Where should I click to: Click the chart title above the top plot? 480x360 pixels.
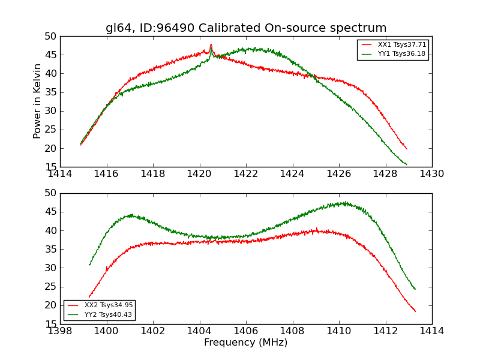[x=246, y=28]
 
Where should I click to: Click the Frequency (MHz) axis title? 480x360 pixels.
[x=245, y=343]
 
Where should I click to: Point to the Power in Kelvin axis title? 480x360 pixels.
[x=38, y=101]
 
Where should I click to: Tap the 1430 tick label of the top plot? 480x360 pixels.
[x=432, y=174]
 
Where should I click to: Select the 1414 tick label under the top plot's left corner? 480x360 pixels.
[x=61, y=174]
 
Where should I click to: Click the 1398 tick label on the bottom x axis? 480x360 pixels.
[x=61, y=331]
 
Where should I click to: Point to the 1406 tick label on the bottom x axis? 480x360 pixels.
[x=246, y=331]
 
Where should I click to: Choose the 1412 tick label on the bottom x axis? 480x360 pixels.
[x=385, y=331]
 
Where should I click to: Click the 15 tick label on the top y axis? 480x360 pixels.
[x=50, y=167]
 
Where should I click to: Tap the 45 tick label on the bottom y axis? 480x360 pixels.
[x=50, y=212]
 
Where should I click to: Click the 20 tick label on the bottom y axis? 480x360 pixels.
[x=50, y=305]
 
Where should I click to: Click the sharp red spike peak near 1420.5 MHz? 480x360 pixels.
[x=211, y=44]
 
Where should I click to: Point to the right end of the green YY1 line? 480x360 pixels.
[x=407, y=164]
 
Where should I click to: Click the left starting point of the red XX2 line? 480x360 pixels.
[x=89, y=297]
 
